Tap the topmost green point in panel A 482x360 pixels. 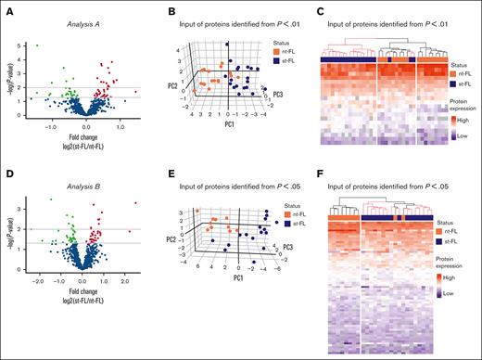(36, 45)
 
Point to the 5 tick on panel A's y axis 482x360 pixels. (24, 45)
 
